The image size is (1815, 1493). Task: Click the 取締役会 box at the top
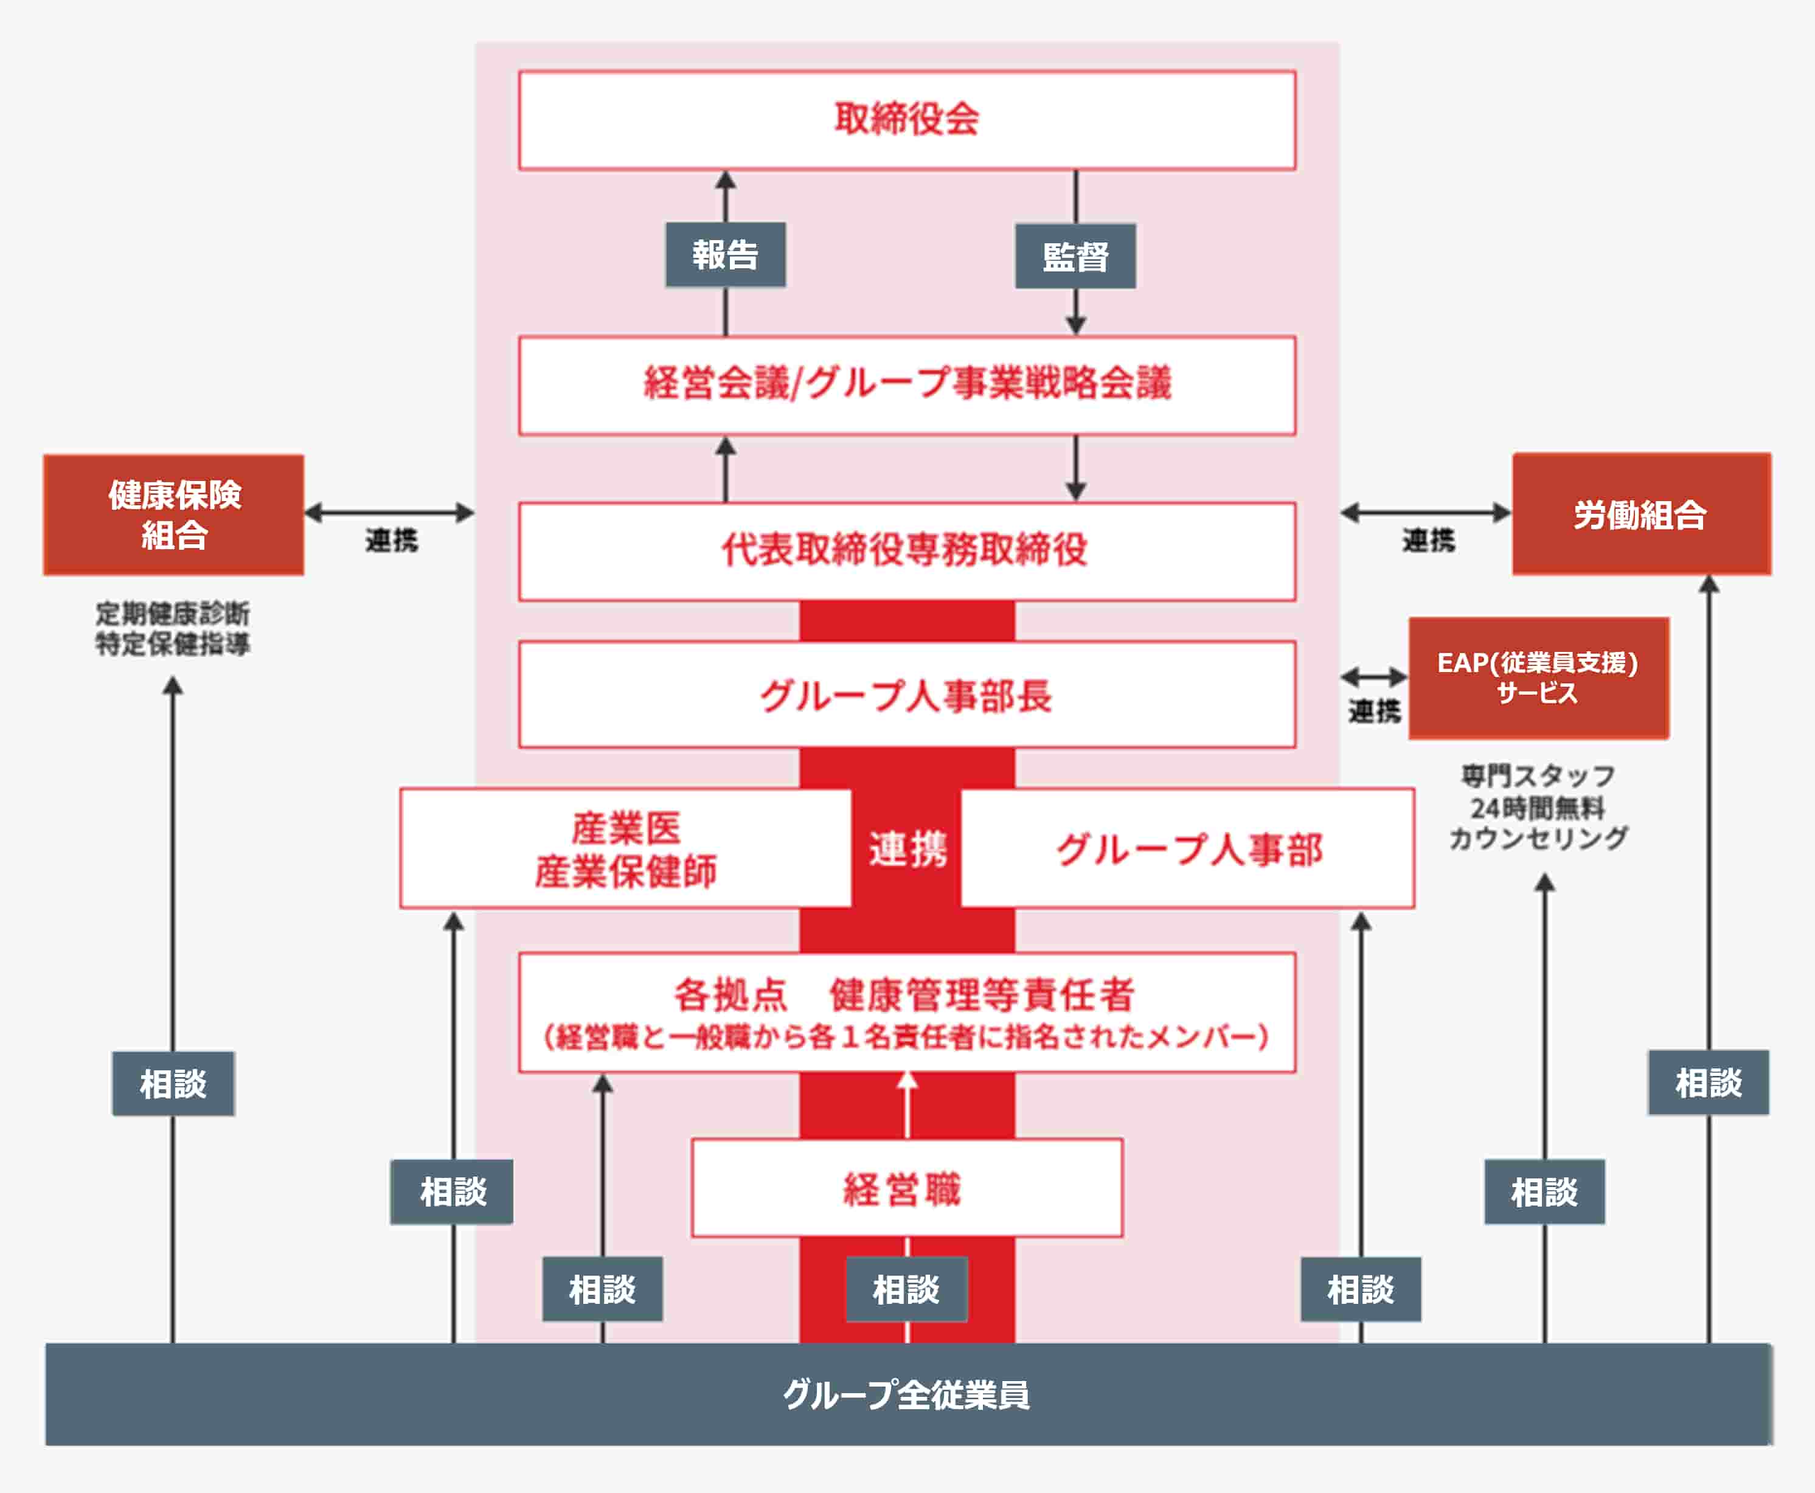pyautogui.click(x=907, y=120)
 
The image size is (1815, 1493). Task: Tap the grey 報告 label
pyautogui.click(x=725, y=255)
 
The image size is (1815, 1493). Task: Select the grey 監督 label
pyautogui.click(x=1075, y=256)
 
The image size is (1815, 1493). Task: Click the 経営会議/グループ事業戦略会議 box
pyautogui.click(x=907, y=384)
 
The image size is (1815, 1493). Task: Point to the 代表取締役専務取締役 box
pyautogui.click(x=907, y=550)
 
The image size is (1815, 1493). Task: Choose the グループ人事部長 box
pyautogui.click(x=907, y=695)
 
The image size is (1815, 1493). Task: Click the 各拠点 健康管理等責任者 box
pyautogui.click(x=907, y=1011)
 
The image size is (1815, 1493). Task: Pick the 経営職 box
pyautogui.click(x=907, y=1188)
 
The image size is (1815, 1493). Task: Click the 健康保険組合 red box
pyautogui.click(x=174, y=514)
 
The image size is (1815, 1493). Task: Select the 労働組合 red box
pyautogui.click(x=1640, y=514)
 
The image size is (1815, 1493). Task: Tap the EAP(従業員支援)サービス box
pyautogui.click(x=1538, y=677)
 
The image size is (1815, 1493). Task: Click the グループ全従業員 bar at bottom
pyautogui.click(x=907, y=1394)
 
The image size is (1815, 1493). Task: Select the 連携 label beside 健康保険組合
pyautogui.click(x=391, y=540)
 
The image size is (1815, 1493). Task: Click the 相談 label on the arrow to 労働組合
pyautogui.click(x=1707, y=1083)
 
